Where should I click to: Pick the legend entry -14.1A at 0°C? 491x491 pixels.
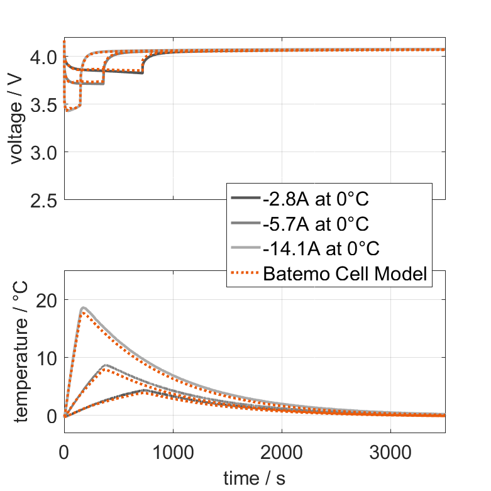coord(321,248)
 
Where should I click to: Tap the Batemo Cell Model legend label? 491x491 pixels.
coord(346,273)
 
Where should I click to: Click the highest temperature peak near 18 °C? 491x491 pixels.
coord(83,308)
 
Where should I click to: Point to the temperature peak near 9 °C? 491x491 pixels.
coord(105,365)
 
